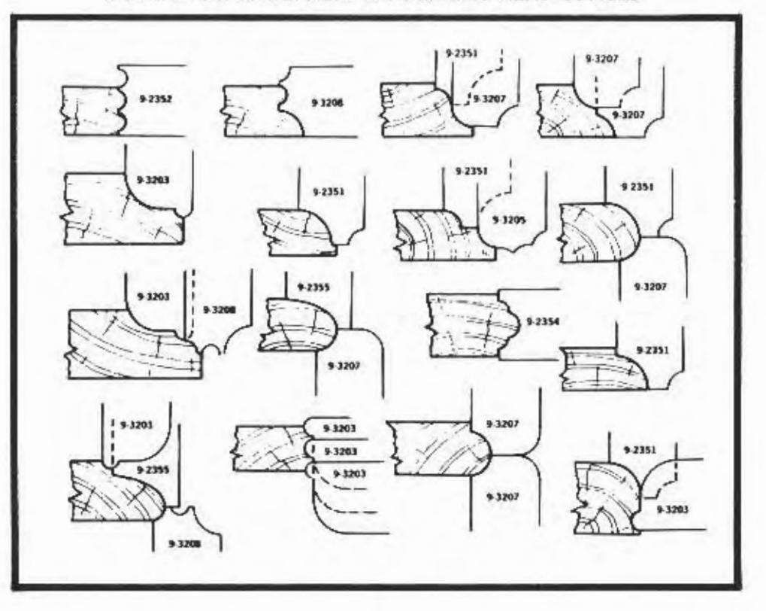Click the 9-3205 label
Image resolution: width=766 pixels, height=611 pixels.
pyautogui.click(x=507, y=220)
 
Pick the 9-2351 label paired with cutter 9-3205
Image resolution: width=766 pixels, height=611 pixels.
pyautogui.click(x=472, y=172)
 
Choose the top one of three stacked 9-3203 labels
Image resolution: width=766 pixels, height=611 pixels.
pyautogui.click(x=339, y=428)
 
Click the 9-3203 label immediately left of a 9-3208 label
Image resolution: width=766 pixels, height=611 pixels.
pyautogui.click(x=153, y=296)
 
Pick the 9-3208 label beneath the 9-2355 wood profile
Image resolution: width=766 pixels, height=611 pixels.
pyautogui.click(x=184, y=543)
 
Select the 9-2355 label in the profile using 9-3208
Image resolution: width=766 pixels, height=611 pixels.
pyautogui.click(x=152, y=468)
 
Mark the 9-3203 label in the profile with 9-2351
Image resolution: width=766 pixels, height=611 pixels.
pyautogui.click(x=673, y=509)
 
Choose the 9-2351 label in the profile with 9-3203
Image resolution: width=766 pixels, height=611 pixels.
pyautogui.click(x=640, y=450)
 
